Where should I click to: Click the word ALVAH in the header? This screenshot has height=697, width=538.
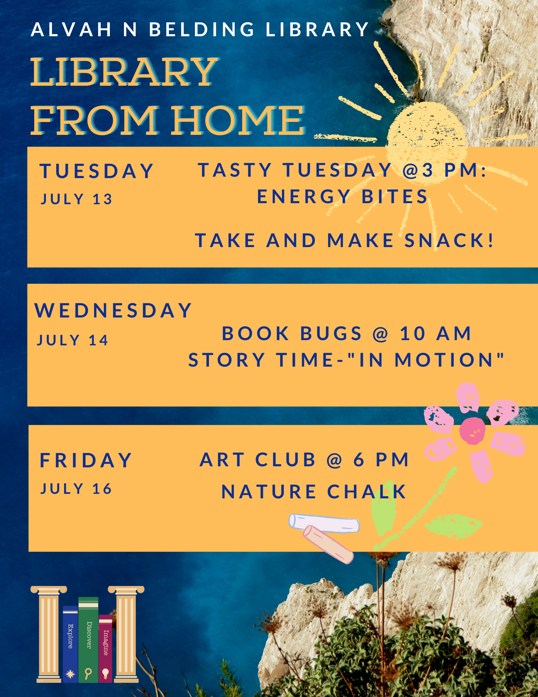click(x=71, y=29)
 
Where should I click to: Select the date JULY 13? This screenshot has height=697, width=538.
click(x=77, y=199)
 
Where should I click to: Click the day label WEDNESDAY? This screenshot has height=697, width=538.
click(x=113, y=310)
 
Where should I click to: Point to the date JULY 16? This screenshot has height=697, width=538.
click(x=76, y=489)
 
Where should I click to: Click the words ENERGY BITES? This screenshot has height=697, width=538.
click(x=342, y=196)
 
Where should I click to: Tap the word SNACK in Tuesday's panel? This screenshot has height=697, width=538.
click(x=449, y=240)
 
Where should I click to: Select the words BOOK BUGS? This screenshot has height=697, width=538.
click(x=292, y=333)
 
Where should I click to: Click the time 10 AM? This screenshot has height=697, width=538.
click(x=435, y=333)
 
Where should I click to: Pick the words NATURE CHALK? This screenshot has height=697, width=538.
click(x=314, y=491)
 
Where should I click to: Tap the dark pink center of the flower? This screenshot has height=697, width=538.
click(x=472, y=431)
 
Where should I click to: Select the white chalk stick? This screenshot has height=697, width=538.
click(x=324, y=523)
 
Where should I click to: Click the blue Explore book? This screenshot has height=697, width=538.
click(x=70, y=644)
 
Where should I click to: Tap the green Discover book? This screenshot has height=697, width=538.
click(x=88, y=639)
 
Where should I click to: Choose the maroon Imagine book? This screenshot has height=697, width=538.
click(x=106, y=648)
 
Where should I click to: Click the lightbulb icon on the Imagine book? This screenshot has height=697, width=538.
click(x=106, y=673)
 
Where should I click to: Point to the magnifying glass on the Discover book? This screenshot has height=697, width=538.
click(x=88, y=673)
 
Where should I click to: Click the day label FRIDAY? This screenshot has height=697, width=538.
click(x=86, y=460)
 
